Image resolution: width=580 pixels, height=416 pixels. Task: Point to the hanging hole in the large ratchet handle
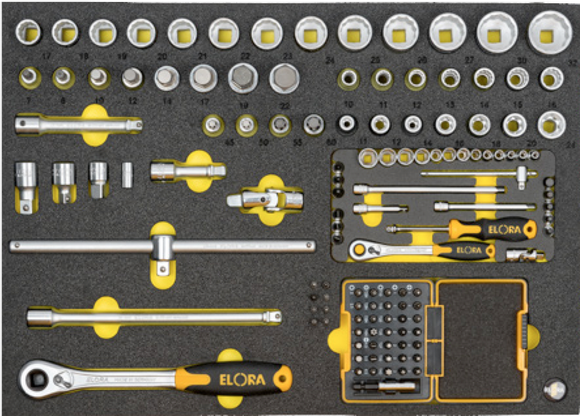point(284,377)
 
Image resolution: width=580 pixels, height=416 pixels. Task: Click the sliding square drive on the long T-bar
point(162,247)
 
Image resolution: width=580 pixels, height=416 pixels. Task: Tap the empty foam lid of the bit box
point(481,340)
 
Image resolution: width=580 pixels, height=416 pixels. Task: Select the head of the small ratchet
point(361,248)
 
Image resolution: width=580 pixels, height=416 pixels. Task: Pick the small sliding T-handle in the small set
point(524,175)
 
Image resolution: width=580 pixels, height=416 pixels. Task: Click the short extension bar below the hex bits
point(78,123)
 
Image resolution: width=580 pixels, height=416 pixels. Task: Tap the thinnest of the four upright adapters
point(128,175)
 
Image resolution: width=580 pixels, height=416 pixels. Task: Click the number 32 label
point(573,63)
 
